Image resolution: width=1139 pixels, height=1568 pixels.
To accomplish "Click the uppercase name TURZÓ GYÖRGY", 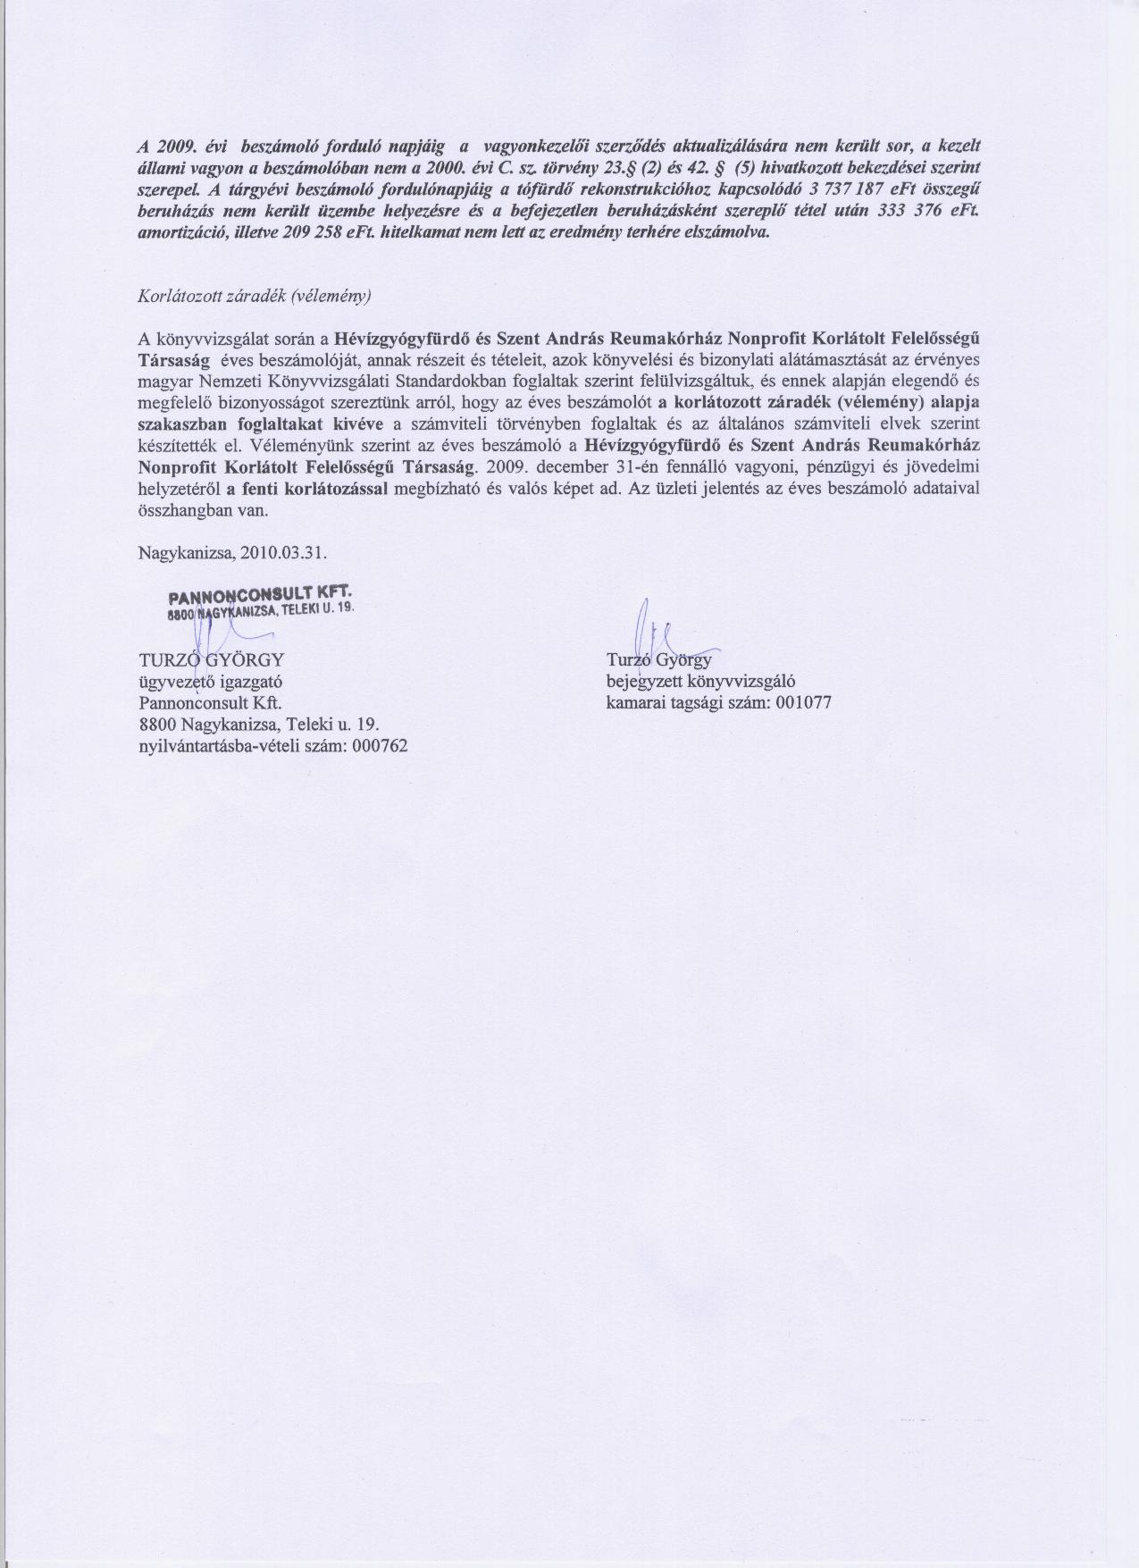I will coord(211,660).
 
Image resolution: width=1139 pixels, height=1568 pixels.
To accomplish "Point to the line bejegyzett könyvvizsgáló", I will coord(699,682).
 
